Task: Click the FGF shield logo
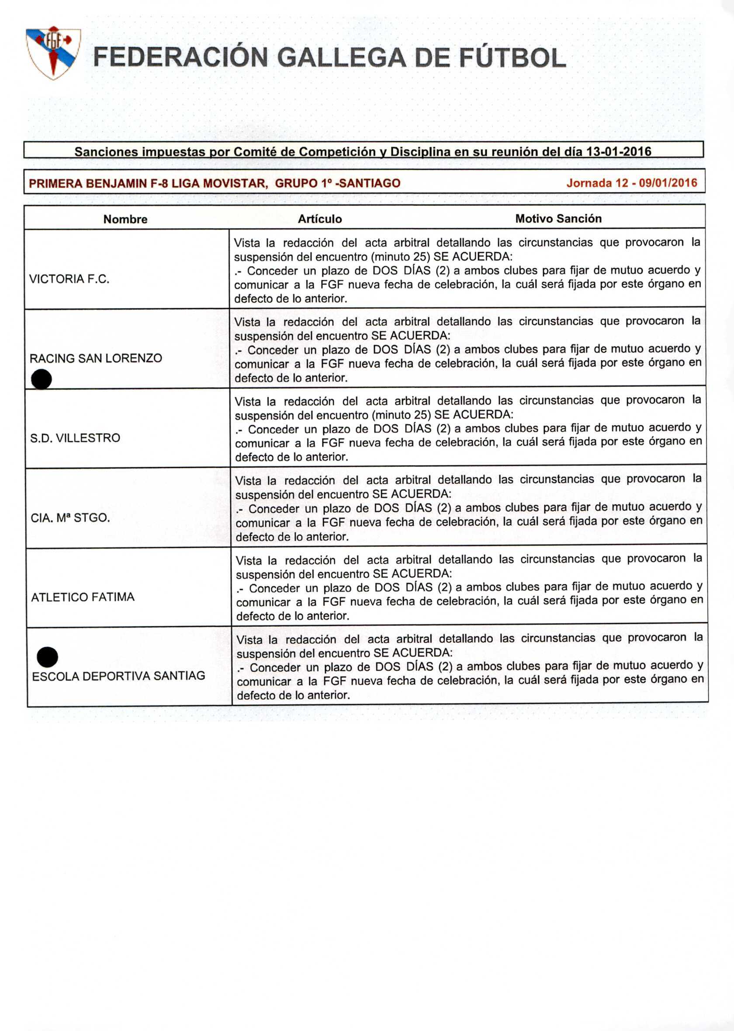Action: point(53,53)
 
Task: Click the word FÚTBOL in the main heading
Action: point(512,58)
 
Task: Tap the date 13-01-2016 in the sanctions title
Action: point(618,151)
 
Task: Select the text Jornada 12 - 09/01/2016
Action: point(631,183)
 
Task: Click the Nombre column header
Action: point(125,219)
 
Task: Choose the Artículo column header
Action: point(319,219)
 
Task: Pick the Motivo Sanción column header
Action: point(558,219)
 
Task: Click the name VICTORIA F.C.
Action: point(69,279)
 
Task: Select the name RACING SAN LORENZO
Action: point(96,358)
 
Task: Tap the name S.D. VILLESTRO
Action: point(75,438)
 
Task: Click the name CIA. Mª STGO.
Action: point(70,518)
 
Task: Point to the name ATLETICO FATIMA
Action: point(83,597)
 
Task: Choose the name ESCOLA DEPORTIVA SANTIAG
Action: point(118,676)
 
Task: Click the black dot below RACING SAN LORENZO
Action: point(42,379)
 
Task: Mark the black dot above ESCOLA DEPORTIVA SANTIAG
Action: point(47,657)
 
